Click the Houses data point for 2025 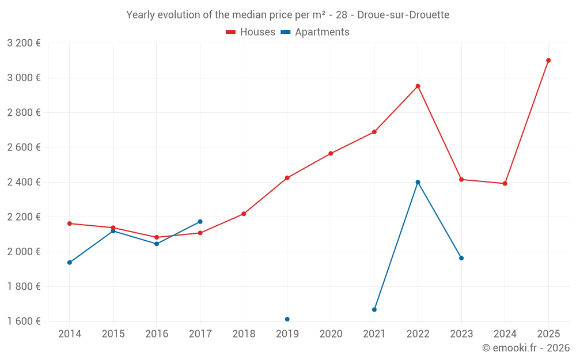[548, 60]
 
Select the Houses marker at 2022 [418, 86]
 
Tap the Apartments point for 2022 [418, 182]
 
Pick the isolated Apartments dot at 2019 [287, 319]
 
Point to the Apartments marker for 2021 [374, 310]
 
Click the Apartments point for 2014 [70, 263]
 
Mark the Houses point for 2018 [244, 214]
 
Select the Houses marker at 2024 [505, 184]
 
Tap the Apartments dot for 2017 [200, 222]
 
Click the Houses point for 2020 [331, 154]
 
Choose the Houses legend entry [251, 32]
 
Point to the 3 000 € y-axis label [24, 78]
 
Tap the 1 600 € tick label [24, 321]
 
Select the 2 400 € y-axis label [24, 182]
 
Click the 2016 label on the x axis [157, 334]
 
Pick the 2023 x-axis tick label [461, 334]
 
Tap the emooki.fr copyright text [526, 348]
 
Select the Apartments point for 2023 [461, 258]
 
